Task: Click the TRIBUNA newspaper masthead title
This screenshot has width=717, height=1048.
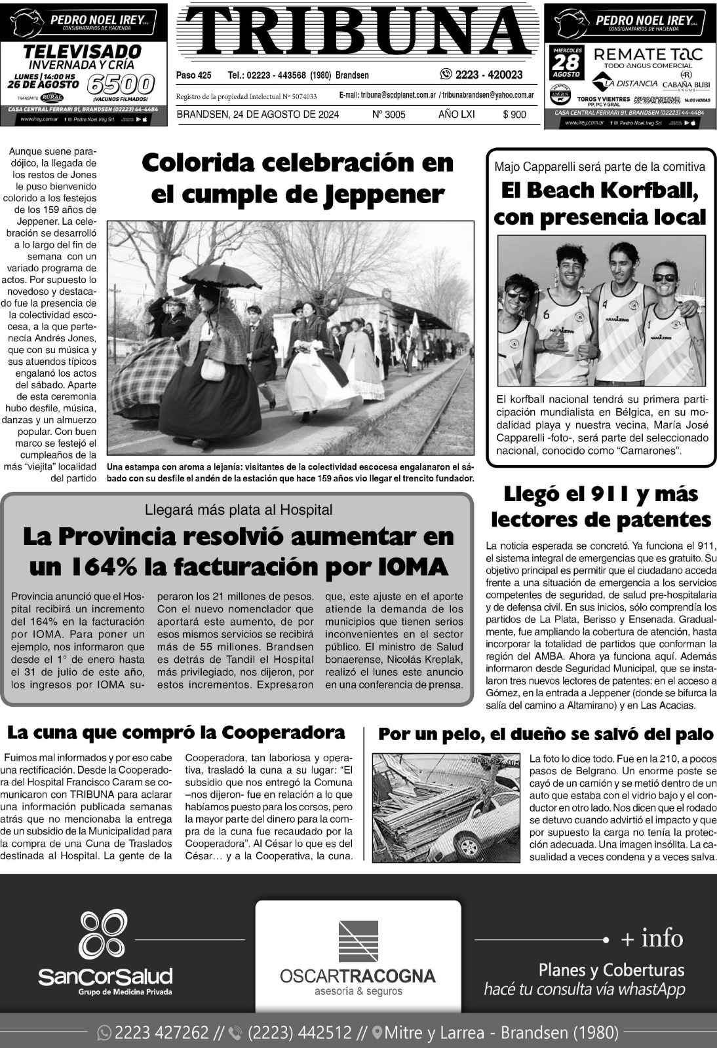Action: click(x=357, y=31)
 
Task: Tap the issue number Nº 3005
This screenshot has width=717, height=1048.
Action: click(x=389, y=115)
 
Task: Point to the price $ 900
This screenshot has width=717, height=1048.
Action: click(x=514, y=115)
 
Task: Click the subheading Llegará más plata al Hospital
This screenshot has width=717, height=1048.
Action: click(x=239, y=510)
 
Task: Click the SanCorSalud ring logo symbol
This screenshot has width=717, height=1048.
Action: click(x=104, y=934)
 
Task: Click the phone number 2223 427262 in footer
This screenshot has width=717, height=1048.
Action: click(x=161, y=1033)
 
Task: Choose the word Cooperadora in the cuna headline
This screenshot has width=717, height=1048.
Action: click(x=283, y=732)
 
